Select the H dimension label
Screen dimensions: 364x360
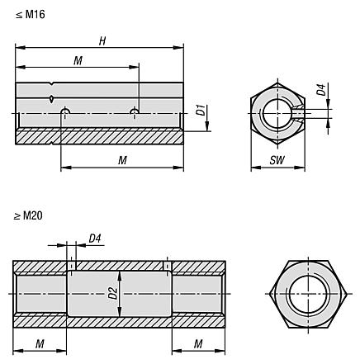tap(101, 40)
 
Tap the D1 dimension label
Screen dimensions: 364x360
tap(199, 108)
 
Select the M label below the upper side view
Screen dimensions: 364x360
tap(122, 160)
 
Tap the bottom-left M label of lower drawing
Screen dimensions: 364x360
tap(40, 343)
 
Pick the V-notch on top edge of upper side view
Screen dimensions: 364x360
tap(52, 84)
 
